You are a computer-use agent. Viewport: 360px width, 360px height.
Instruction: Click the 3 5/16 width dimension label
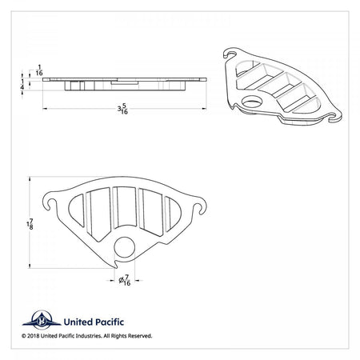pos(122,109)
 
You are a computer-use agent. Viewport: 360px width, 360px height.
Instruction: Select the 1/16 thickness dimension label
pos(39,70)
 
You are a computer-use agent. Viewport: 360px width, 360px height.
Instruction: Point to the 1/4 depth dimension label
pos(22,84)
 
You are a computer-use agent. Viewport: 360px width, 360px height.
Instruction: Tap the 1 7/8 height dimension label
pos(30,225)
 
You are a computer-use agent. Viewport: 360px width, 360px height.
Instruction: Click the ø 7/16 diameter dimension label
pos(125,281)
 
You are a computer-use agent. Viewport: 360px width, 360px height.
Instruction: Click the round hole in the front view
pos(125,247)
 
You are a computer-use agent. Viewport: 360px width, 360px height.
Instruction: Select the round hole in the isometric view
pos(252,102)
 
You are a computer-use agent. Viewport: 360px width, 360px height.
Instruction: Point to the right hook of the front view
pos(199,205)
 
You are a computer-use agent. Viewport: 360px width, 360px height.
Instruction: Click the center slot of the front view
pos(124,206)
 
